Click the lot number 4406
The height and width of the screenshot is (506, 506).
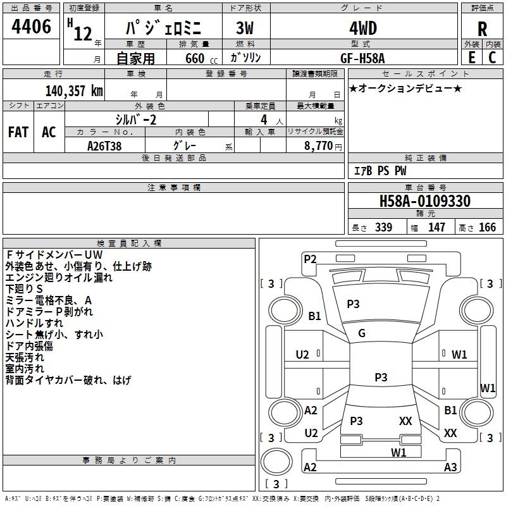[32, 27]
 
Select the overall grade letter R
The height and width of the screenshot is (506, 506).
[482, 29]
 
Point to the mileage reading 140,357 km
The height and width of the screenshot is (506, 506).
[75, 90]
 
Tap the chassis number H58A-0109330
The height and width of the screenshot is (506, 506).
[424, 202]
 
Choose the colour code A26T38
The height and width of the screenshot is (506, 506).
[104, 145]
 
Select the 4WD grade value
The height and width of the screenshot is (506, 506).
[362, 28]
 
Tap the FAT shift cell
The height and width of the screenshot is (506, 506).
[18, 132]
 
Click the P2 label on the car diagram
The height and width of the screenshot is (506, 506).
[310, 258]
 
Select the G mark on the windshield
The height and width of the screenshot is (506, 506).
[362, 333]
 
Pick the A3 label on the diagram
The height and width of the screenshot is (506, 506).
[450, 467]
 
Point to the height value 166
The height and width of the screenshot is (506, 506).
[487, 227]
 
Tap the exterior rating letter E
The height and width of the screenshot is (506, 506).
[471, 57]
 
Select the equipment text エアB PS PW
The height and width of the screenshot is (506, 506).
[380, 171]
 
